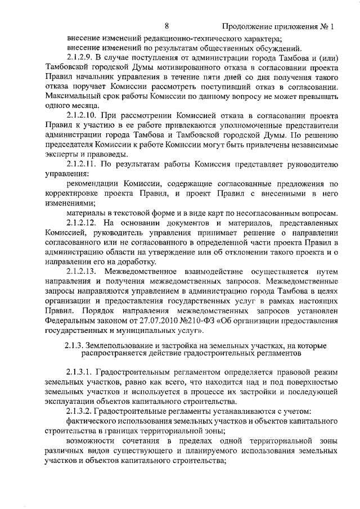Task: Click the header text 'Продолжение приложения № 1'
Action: coord(278,26)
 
